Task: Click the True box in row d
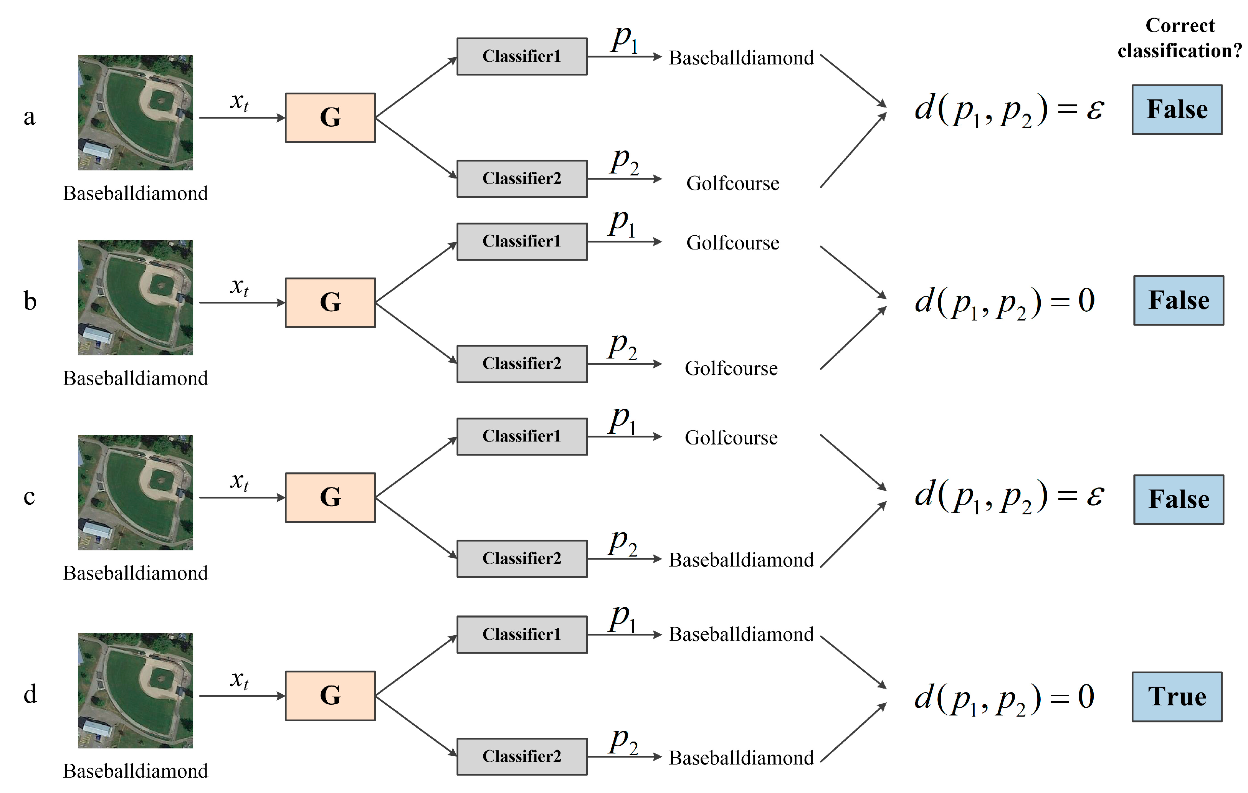click(1177, 697)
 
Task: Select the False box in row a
click(1177, 110)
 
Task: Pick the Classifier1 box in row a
click(521, 56)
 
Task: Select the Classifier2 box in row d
click(521, 757)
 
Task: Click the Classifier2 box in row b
click(521, 364)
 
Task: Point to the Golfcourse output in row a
click(732, 183)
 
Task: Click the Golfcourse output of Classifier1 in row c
click(731, 438)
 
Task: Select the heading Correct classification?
click(1180, 38)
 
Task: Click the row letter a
click(30, 117)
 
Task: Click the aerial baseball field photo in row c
click(135, 492)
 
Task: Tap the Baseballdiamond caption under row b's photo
click(135, 378)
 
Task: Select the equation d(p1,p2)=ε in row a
click(1008, 110)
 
